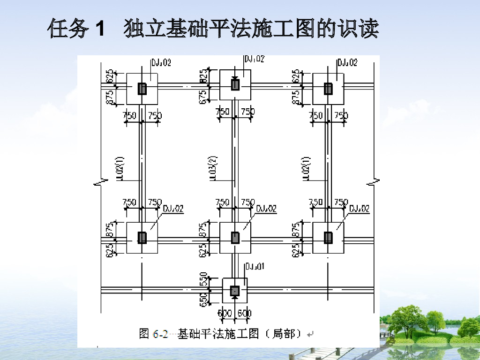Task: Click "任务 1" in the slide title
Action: click(75, 30)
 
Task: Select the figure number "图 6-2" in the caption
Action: click(153, 334)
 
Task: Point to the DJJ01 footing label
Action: click(255, 267)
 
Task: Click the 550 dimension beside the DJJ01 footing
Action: click(203, 280)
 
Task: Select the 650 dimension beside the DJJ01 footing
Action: click(203, 299)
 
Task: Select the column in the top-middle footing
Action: click(235, 84)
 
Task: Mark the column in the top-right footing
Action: click(328, 88)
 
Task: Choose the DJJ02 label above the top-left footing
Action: click(161, 62)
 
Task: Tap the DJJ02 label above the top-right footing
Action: click(347, 62)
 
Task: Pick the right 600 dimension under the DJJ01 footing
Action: click(244, 313)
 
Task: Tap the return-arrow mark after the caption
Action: click(310, 334)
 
